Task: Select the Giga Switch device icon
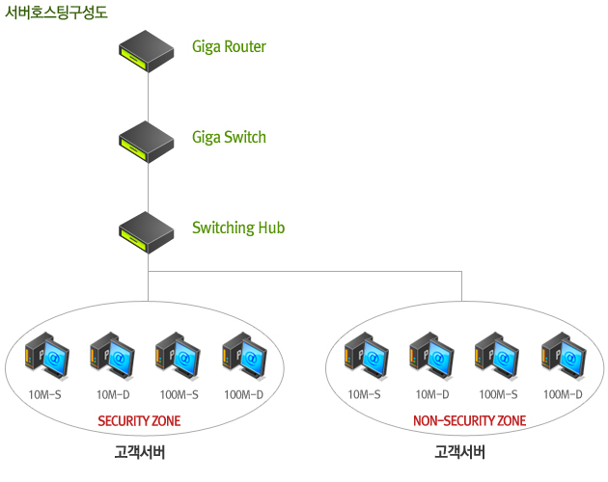(x=147, y=141)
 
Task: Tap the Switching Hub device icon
(x=147, y=231)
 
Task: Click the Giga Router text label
(x=229, y=46)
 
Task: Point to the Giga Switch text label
(x=229, y=137)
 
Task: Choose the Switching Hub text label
(x=238, y=228)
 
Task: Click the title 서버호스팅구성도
(x=56, y=13)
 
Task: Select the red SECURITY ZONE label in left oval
(x=139, y=421)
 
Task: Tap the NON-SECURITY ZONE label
(x=469, y=421)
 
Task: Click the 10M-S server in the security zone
(x=46, y=356)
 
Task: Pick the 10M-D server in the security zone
(x=111, y=356)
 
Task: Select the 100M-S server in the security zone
(x=178, y=356)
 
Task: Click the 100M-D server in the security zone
(x=243, y=356)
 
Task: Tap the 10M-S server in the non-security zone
(x=366, y=356)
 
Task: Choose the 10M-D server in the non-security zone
(x=430, y=356)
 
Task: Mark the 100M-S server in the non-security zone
(x=497, y=356)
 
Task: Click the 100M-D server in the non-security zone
(x=563, y=356)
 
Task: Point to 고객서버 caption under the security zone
(x=139, y=451)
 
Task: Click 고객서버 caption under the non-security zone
(x=459, y=451)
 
